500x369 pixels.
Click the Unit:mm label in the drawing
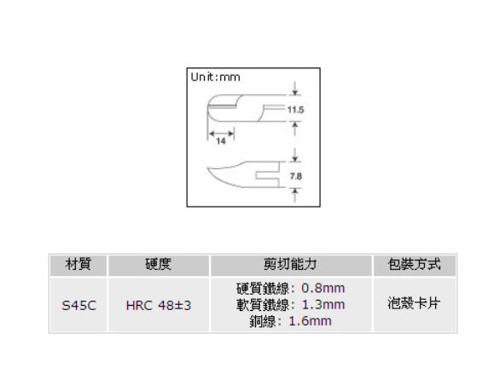215,77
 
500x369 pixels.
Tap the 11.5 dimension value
295,110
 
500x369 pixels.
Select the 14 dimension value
221,141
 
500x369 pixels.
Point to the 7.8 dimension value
295,176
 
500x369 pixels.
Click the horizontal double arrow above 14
221,132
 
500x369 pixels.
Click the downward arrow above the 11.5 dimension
295,89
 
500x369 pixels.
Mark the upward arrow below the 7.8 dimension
295,195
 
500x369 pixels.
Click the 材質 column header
78,264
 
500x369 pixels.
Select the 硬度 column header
158,264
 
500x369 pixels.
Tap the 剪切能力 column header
290,264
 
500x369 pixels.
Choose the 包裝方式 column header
414,264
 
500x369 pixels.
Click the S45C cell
78,306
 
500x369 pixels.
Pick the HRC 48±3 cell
159,306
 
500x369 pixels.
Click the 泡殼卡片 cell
414,303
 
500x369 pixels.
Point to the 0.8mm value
323,288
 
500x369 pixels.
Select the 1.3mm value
323,305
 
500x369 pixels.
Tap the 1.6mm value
310,321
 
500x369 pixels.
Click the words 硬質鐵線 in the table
263,289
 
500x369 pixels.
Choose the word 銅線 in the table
263,321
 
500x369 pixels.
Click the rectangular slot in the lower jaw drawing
268,175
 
